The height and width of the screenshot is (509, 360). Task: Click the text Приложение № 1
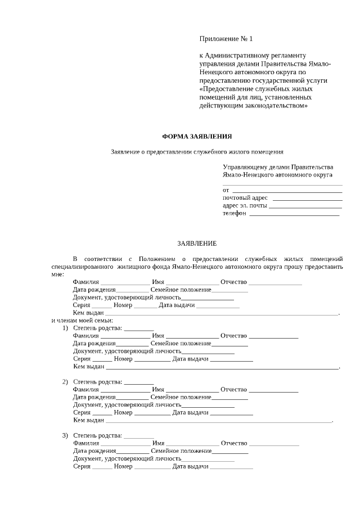click(x=226, y=39)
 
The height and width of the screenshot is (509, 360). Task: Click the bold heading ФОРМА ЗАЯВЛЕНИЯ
click(x=196, y=136)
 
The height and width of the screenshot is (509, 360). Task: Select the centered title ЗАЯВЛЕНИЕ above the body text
click(x=197, y=244)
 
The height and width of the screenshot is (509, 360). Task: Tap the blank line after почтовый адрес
click(x=307, y=198)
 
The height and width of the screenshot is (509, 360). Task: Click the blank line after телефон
click(x=294, y=214)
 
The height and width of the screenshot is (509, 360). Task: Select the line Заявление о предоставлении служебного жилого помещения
click(x=196, y=152)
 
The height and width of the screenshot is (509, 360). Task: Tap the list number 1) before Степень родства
click(x=65, y=328)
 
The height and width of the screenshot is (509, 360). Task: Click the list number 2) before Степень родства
click(x=65, y=382)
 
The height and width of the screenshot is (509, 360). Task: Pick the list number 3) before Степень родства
click(x=65, y=435)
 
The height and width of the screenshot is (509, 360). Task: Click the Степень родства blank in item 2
click(x=138, y=382)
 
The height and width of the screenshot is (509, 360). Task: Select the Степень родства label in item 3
click(x=97, y=435)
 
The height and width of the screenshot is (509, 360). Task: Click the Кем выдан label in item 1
click(x=89, y=366)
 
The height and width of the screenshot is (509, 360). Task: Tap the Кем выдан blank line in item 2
click(x=219, y=420)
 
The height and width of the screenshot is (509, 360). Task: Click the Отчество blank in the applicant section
click(x=275, y=282)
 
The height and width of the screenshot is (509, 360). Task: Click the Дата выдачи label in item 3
click(x=190, y=466)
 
